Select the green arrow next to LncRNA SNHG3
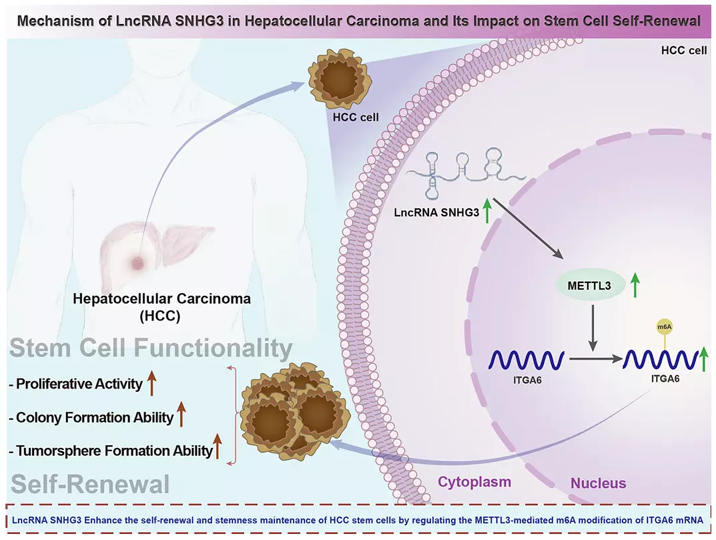[488, 212]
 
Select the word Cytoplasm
[474, 482]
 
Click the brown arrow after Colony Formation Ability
[181, 417]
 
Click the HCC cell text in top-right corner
[683, 51]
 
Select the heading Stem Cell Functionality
[151, 348]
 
